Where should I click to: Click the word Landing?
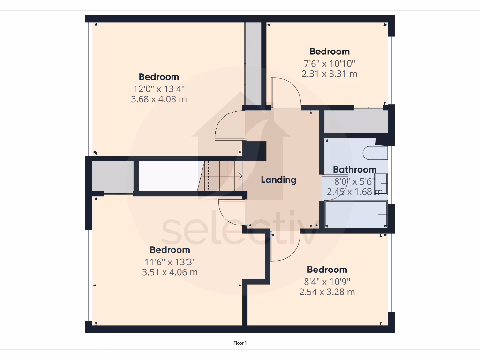click(x=278, y=180)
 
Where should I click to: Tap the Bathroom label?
click(x=354, y=170)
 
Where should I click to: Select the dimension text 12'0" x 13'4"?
click(x=158, y=88)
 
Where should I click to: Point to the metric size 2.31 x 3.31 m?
click(x=329, y=74)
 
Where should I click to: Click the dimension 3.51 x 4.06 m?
click(x=170, y=272)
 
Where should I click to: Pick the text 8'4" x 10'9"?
click(x=327, y=281)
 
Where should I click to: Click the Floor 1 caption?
click(x=240, y=343)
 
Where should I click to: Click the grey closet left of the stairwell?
click(x=112, y=177)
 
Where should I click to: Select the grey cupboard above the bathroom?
click(x=355, y=121)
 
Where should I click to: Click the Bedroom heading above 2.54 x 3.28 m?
click(x=327, y=270)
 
